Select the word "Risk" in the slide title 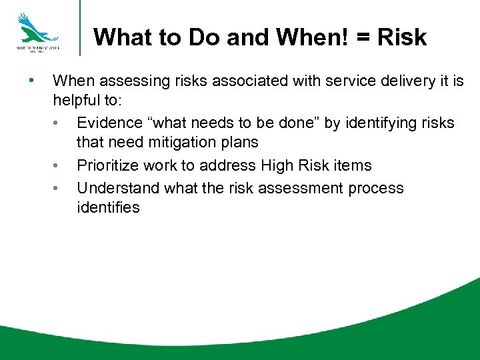(401, 37)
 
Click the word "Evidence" (109, 123)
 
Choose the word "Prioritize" (109, 165)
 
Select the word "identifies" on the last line (108, 207)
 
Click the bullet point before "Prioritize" (59, 165)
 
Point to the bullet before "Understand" (59, 187)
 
